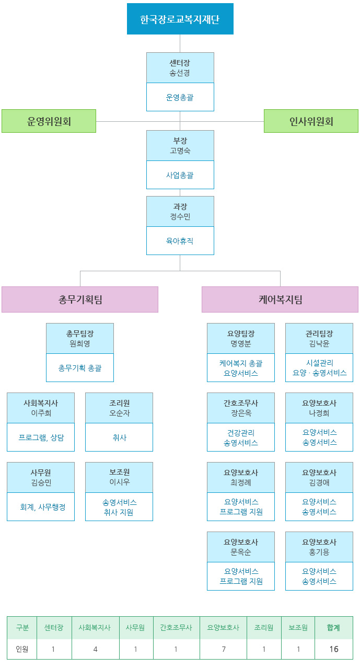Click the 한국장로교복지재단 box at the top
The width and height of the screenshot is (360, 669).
pos(180,19)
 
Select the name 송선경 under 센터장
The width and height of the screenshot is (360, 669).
pos(180,73)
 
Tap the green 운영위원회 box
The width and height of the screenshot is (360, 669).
pos(49,121)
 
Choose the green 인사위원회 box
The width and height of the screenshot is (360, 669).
pos(311,121)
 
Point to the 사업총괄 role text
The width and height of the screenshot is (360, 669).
pos(180,175)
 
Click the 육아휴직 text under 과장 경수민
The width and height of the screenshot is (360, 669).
pos(180,241)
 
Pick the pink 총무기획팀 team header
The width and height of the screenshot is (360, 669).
pos(80,299)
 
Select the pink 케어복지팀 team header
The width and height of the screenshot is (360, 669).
pos(280,299)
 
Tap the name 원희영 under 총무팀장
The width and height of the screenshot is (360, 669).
pos(80,343)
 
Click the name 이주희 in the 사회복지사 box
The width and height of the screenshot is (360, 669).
pos(41,413)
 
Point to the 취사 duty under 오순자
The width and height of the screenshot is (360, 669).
pos(119,437)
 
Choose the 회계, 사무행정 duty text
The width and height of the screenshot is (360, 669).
pos(41,507)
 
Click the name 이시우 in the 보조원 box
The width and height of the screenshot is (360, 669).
pos(119,482)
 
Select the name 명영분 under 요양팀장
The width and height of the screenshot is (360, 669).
pos(241,343)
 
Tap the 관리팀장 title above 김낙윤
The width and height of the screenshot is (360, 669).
pos(319,333)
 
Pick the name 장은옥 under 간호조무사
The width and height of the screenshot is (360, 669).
pos(241,413)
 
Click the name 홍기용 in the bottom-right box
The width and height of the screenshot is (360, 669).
pos(319,552)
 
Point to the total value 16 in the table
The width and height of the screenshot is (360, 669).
pos(333,649)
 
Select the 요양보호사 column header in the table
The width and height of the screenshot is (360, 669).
pos(223,628)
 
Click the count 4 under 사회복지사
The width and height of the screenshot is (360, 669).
pos(95,649)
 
